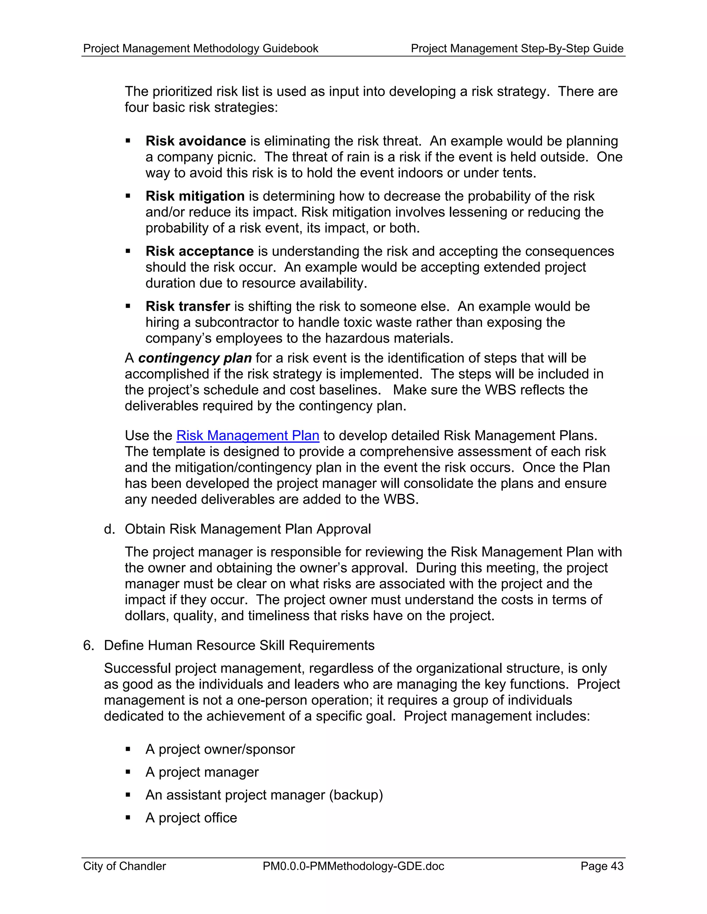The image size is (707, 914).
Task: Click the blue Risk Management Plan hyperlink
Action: (x=248, y=436)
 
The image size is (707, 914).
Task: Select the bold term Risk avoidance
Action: (x=196, y=141)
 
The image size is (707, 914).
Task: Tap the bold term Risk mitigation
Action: (x=195, y=196)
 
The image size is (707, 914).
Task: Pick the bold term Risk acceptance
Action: (x=200, y=251)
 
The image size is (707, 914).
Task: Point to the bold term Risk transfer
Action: (x=188, y=306)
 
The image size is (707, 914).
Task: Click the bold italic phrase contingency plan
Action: (x=195, y=358)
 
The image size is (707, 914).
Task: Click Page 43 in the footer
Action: (x=601, y=866)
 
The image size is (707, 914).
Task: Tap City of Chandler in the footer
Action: (x=124, y=866)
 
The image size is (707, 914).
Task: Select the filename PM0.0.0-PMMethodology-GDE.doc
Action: (x=353, y=866)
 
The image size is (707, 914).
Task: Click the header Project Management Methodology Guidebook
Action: (x=201, y=49)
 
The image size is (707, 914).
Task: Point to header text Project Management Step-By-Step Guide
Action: (x=517, y=49)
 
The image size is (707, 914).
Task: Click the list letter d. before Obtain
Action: (x=109, y=529)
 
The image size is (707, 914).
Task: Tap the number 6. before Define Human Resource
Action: (x=88, y=645)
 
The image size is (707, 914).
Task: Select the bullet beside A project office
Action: (x=128, y=818)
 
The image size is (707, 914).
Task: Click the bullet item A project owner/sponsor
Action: (x=220, y=749)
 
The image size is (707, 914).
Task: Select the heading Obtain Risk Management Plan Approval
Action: (x=248, y=529)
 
